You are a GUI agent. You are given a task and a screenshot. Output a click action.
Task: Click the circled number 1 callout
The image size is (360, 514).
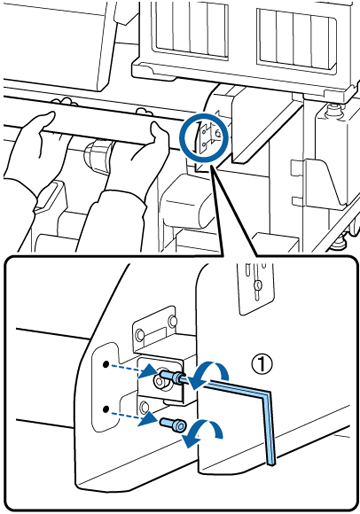tap(262, 364)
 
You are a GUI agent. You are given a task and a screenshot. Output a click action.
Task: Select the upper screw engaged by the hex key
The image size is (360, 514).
tap(172, 376)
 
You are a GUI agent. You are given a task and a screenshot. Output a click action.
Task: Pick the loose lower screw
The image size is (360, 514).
tap(173, 424)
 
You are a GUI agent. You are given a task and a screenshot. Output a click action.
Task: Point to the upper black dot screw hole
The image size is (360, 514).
tap(106, 364)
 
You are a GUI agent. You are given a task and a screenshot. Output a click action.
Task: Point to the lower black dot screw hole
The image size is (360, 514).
tap(106, 409)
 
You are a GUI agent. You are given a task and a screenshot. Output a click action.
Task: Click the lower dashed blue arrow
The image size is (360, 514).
tap(133, 416)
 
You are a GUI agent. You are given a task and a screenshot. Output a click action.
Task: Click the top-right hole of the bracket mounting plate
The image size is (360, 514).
tap(172, 321)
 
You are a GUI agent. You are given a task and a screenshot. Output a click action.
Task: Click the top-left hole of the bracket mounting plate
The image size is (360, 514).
tap(140, 334)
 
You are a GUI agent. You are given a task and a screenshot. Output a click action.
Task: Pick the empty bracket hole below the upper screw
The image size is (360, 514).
tap(144, 406)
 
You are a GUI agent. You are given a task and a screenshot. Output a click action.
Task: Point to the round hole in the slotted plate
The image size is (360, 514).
tap(257, 285)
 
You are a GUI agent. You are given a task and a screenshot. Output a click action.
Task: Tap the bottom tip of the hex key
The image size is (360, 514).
tap(271, 463)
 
